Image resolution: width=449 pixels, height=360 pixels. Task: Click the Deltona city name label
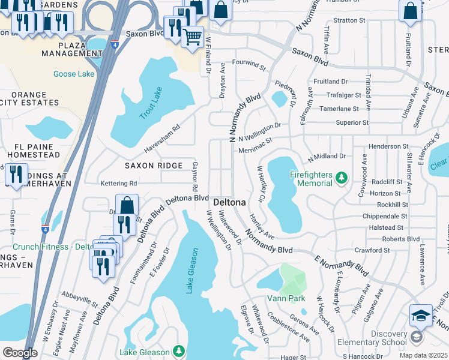click(x=229, y=202)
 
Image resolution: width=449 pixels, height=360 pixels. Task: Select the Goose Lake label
click(x=74, y=74)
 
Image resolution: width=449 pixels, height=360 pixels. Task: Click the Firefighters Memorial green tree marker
click(x=342, y=178)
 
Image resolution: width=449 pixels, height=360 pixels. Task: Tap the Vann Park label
click(x=286, y=298)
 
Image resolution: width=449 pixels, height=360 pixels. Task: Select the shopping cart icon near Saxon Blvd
click(x=192, y=37)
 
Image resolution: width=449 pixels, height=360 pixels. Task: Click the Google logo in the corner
click(x=20, y=353)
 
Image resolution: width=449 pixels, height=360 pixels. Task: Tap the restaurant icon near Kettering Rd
click(x=14, y=175)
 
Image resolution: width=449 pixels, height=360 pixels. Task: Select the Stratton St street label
click(x=349, y=20)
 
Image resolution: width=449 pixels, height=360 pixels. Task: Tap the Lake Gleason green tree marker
click(x=178, y=350)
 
